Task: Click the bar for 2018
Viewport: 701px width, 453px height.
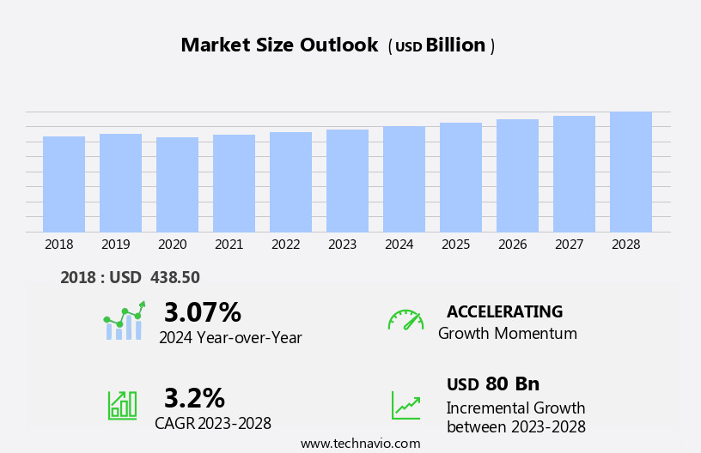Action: [x=64, y=184]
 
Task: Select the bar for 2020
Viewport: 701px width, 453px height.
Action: [x=177, y=184]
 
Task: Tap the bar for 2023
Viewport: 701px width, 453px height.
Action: [x=347, y=180]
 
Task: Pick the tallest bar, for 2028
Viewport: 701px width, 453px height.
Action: [x=631, y=172]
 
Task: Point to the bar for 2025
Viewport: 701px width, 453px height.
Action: [x=460, y=177]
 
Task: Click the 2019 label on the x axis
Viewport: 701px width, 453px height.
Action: [x=115, y=245]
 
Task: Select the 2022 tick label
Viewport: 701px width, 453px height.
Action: [x=285, y=245]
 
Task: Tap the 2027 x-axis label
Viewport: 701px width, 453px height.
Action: [x=569, y=245]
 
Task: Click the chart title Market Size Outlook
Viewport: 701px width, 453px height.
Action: [x=279, y=45]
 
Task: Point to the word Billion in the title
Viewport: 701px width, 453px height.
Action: [x=455, y=45]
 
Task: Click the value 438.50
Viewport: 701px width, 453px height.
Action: [x=175, y=278]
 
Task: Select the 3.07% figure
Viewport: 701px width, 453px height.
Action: [x=203, y=312]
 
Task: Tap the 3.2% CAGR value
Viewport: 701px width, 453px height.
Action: [x=194, y=398]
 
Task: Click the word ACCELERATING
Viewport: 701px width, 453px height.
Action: [x=504, y=311]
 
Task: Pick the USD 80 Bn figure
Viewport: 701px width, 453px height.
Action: [x=493, y=384]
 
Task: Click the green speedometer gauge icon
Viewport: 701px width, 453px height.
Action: [x=405, y=320]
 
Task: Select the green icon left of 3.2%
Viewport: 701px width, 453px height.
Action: [x=122, y=404]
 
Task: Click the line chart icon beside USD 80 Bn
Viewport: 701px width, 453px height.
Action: [x=405, y=405]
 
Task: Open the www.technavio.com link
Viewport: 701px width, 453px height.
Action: [x=360, y=444]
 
